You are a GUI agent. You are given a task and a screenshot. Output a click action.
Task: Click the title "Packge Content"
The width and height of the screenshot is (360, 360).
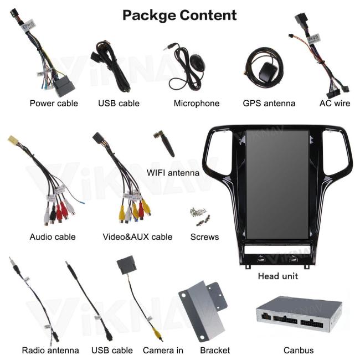click(179, 16)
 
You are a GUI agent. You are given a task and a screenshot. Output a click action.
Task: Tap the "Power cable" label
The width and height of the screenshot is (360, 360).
click(54, 104)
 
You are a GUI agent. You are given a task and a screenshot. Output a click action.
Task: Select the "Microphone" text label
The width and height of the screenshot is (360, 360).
click(197, 104)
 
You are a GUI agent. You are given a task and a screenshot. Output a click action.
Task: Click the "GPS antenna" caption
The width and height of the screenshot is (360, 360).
click(269, 104)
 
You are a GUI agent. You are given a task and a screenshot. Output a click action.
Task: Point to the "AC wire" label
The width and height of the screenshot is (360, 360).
click(335, 104)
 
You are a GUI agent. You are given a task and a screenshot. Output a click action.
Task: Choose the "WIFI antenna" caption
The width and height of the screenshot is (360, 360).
click(173, 173)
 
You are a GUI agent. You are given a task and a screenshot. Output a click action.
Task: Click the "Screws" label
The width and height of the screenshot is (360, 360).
click(204, 236)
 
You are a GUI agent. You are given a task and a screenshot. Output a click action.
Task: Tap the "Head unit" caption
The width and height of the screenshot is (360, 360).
click(278, 276)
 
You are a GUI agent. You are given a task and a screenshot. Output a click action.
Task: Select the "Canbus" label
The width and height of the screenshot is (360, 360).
click(299, 350)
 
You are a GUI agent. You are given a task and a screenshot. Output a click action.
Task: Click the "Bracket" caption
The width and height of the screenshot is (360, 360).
click(215, 350)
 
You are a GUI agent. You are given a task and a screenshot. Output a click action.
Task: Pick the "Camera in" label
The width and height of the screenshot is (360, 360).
click(163, 350)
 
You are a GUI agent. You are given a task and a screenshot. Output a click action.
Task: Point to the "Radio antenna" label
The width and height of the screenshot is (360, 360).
click(50, 350)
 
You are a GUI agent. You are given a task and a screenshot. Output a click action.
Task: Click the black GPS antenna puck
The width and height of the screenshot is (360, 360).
click(268, 71)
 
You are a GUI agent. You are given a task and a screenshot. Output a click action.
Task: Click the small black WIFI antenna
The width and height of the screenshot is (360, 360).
click(164, 143)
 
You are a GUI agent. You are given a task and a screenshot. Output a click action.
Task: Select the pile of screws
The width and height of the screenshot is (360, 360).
click(200, 216)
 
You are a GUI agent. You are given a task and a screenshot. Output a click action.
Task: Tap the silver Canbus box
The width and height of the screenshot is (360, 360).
click(299, 313)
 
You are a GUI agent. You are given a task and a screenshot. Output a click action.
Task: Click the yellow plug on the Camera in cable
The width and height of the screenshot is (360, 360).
click(156, 333)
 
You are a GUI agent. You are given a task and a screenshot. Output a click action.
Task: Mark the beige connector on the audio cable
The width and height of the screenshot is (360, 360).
click(13, 139)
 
